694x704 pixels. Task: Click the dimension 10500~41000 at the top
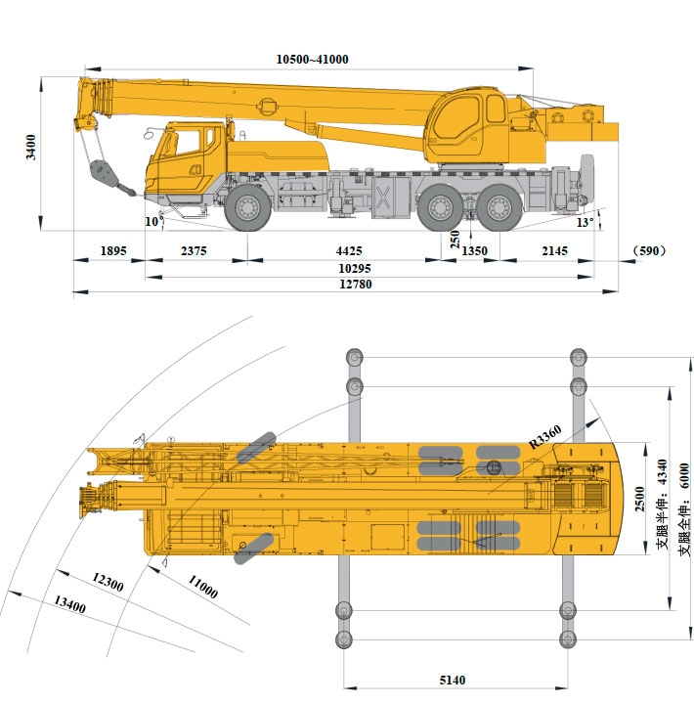click(x=312, y=60)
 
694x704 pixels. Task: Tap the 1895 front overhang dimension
click(x=113, y=251)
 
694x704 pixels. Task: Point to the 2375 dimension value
click(x=194, y=251)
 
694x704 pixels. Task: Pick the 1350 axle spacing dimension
click(x=474, y=251)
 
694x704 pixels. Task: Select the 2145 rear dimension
click(x=554, y=251)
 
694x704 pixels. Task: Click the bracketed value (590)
click(x=649, y=251)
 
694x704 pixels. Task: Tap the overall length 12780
click(x=356, y=285)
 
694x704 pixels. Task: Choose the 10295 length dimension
click(x=354, y=268)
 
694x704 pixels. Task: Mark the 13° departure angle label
click(x=585, y=222)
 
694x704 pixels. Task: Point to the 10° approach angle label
click(x=152, y=221)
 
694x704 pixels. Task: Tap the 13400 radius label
click(x=70, y=606)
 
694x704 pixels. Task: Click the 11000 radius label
click(x=202, y=588)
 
